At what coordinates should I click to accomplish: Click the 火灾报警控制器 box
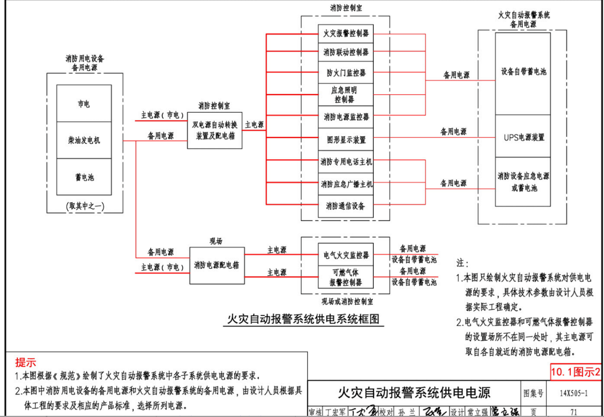pos(346,34)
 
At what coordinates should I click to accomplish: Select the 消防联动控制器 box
pos(346,52)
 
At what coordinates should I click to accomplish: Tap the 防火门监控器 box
pos(346,72)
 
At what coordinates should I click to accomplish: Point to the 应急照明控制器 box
pos(346,94)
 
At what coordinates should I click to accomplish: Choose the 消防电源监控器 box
pos(346,116)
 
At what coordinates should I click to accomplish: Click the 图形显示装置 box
pos(346,140)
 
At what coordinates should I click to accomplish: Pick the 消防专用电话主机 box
pos(346,162)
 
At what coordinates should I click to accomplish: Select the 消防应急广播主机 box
pos(346,184)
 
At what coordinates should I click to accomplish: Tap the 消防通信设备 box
pos(346,206)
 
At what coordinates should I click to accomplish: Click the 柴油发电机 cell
pos(84,140)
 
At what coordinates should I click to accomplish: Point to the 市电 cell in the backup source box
pos(84,103)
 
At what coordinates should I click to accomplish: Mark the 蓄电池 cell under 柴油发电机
pos(84,177)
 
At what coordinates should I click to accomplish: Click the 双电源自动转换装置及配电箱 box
pos(215,130)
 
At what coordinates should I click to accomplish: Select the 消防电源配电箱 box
pos(216,265)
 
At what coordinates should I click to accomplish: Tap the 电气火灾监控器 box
pos(346,254)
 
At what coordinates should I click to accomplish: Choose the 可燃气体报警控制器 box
pos(346,277)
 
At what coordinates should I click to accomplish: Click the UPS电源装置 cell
pos(523,136)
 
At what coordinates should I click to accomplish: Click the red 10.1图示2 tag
pos(575,372)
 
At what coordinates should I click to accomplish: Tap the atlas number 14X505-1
pos(574,393)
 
